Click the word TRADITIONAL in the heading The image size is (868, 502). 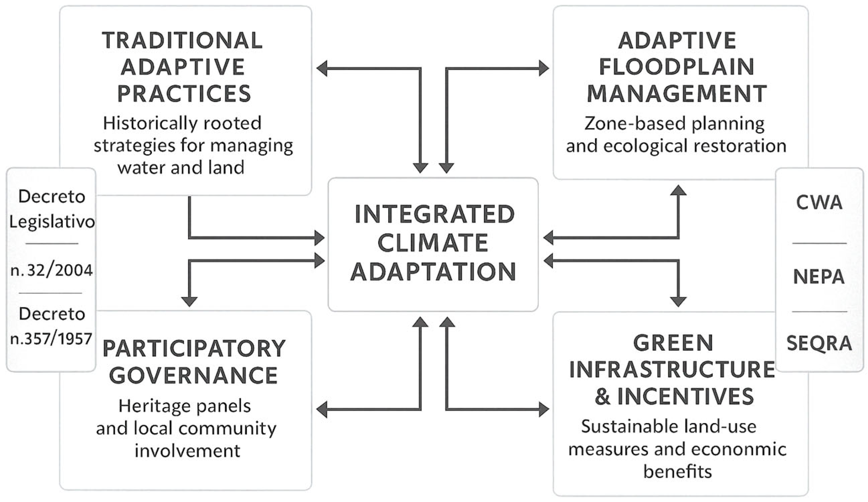click(x=182, y=40)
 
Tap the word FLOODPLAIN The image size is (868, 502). click(x=677, y=67)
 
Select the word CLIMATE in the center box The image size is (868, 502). click(x=433, y=243)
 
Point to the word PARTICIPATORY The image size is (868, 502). click(x=194, y=349)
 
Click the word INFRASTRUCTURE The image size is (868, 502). click(x=672, y=370)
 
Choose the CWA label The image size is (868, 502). click(x=819, y=202)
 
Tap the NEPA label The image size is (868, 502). click(x=819, y=277)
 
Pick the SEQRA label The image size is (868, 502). click(x=819, y=343)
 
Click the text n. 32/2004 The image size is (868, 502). click(x=52, y=270)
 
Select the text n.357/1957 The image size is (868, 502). click(x=51, y=339)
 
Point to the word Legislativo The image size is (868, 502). click(x=52, y=222)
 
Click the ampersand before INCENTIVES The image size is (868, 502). click(x=603, y=396)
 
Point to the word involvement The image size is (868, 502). click(x=187, y=451)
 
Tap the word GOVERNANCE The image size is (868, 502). click(x=194, y=375)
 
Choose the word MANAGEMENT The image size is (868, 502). click(x=677, y=94)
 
